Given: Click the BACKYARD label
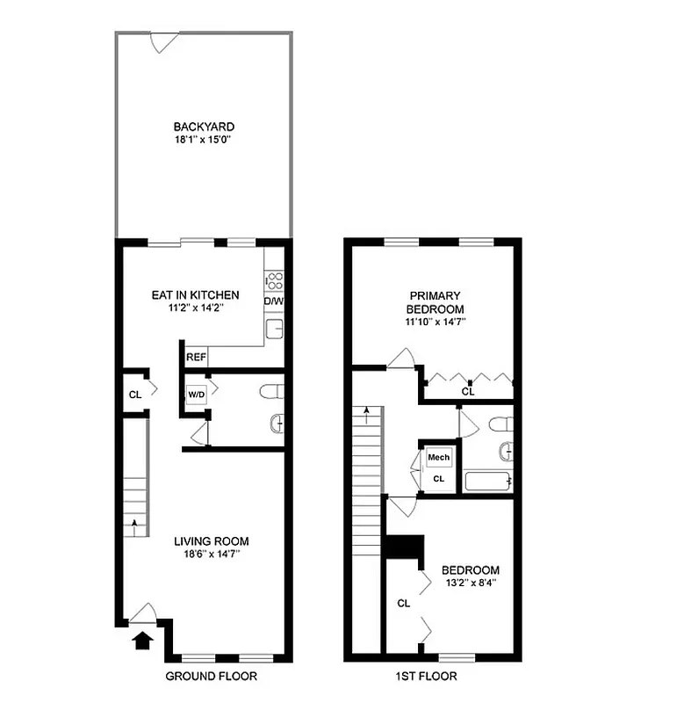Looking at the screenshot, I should [x=204, y=127].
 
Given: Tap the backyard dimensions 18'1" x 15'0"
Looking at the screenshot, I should [x=204, y=140].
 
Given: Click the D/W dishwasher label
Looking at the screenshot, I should [x=274, y=301].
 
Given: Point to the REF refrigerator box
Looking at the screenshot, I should [x=196, y=358].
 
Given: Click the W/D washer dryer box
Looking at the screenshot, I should [x=195, y=394].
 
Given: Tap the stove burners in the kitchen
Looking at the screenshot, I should [x=274, y=279].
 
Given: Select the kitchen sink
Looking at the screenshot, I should [x=274, y=329].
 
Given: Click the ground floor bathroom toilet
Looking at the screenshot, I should [x=273, y=390].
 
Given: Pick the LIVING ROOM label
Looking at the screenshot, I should [x=211, y=541].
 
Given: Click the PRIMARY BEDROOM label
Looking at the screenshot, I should [x=434, y=302].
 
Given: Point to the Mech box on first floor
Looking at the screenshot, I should [x=438, y=458].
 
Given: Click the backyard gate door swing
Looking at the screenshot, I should [x=162, y=41].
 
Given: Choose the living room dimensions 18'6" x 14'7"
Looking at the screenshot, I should [x=211, y=554].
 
